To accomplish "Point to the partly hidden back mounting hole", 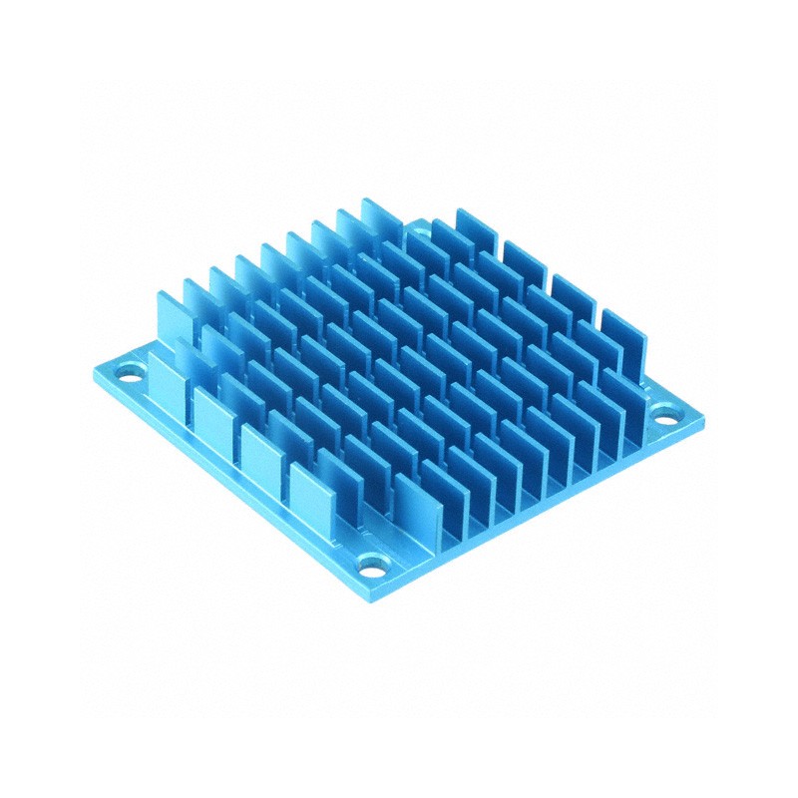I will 419,231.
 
